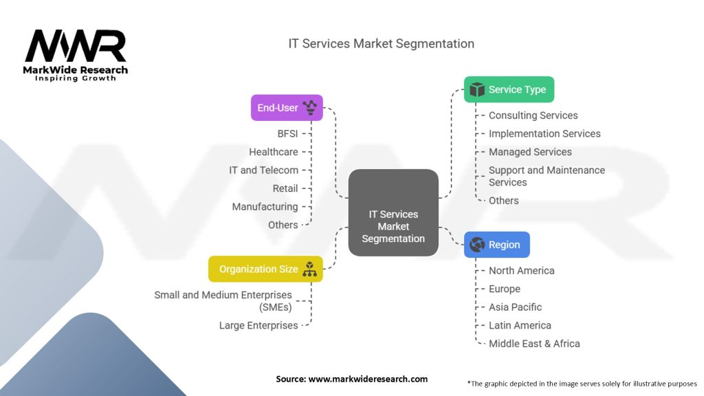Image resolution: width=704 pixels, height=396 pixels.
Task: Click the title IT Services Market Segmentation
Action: [x=381, y=43]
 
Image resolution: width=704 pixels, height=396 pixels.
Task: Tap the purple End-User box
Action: [x=286, y=107]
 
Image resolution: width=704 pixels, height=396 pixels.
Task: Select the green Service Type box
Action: [x=509, y=89]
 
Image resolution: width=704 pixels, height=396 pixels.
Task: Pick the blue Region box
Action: [x=496, y=245]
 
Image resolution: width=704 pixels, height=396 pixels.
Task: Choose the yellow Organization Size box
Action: [x=265, y=269]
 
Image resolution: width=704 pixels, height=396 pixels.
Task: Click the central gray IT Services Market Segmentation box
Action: [x=393, y=213]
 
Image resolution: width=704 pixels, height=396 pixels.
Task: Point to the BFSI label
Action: [x=287, y=133]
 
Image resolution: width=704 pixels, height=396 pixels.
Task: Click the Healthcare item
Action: [x=274, y=152]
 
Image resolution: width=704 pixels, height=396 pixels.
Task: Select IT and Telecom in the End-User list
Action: [x=264, y=170]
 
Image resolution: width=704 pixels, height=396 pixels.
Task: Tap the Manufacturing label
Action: [x=265, y=206]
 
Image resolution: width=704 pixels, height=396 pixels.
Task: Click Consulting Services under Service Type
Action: [x=533, y=115]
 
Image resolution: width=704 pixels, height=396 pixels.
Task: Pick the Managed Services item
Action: [x=530, y=152]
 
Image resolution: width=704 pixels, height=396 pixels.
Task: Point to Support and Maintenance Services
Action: [x=547, y=176]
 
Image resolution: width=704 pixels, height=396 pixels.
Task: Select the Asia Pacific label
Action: [x=515, y=307]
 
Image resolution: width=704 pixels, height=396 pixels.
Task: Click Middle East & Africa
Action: [x=534, y=344]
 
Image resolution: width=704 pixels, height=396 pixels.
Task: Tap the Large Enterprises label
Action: [x=258, y=325]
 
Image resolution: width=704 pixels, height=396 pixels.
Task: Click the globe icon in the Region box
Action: [x=476, y=245]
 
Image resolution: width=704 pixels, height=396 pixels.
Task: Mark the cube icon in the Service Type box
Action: [x=476, y=89]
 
